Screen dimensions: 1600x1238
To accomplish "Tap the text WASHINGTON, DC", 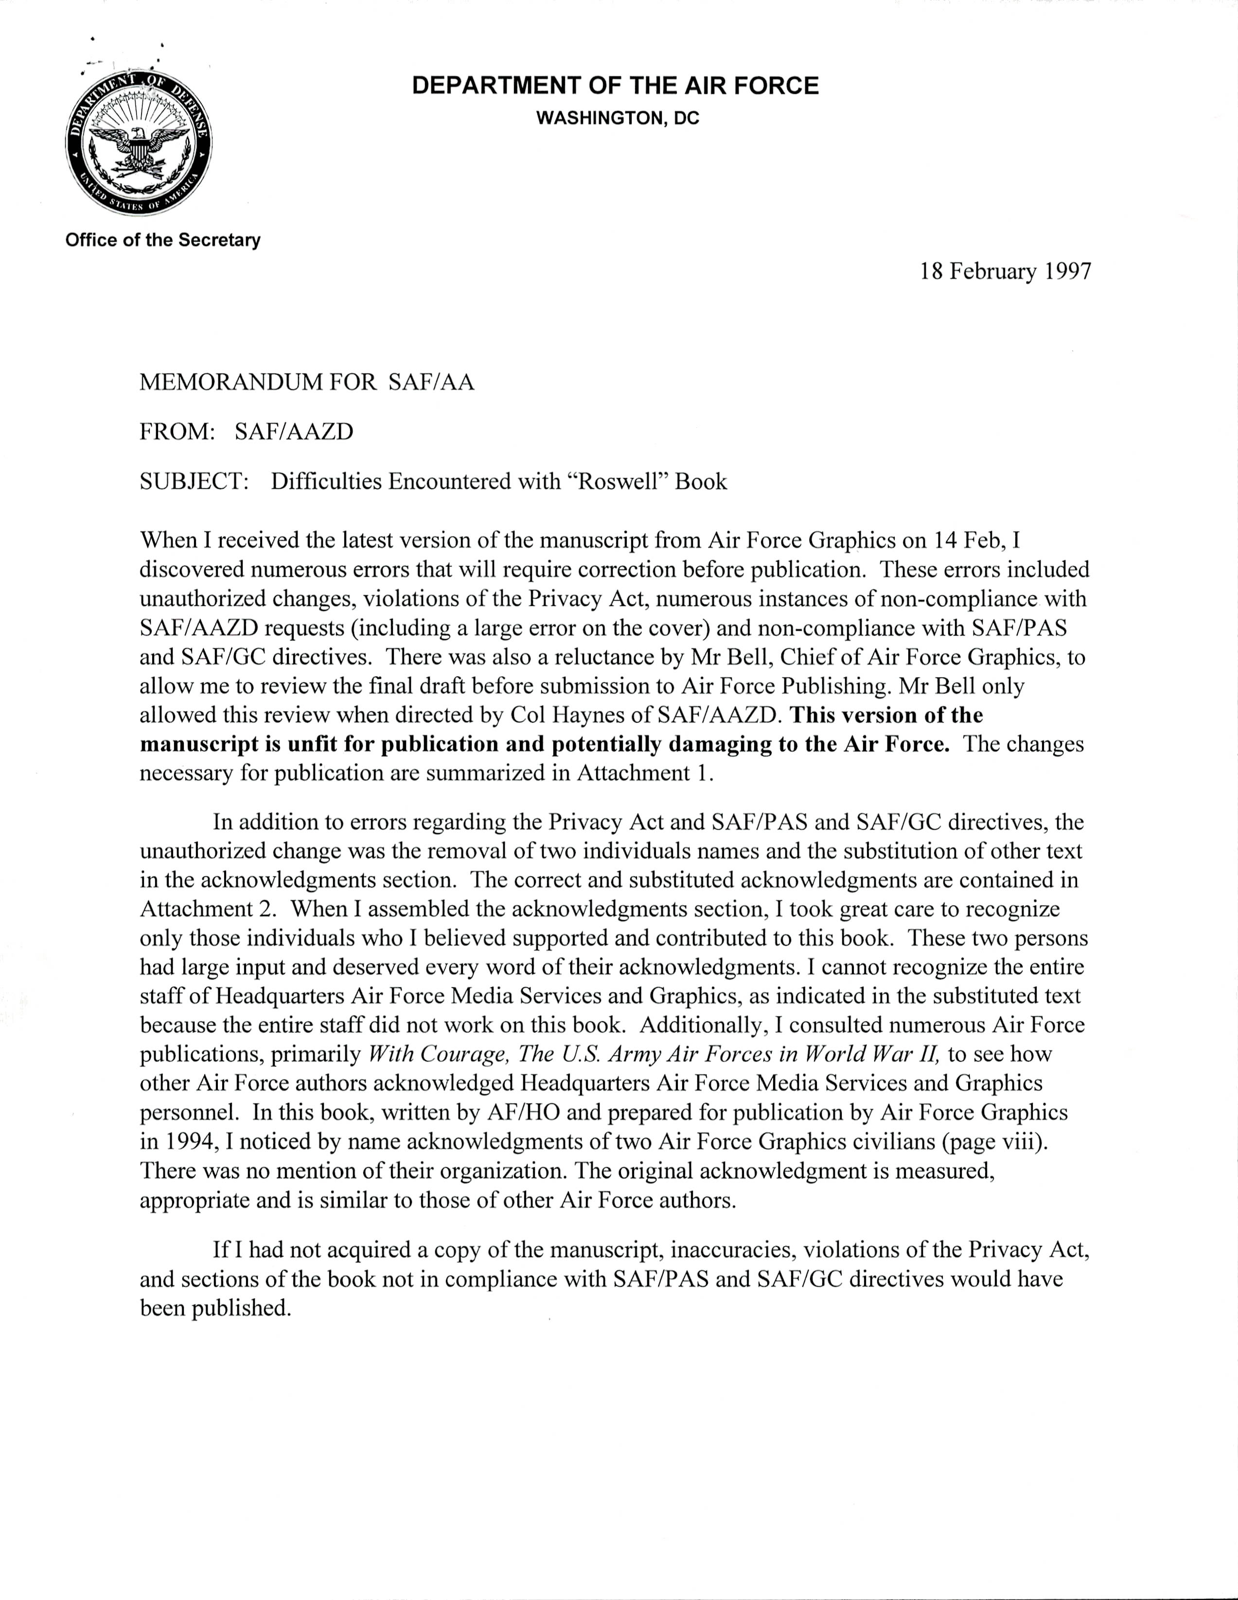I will click(x=618, y=118).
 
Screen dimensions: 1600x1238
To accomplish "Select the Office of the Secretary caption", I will click(x=162, y=240).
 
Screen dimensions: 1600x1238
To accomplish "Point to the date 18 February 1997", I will click(x=1005, y=272).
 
